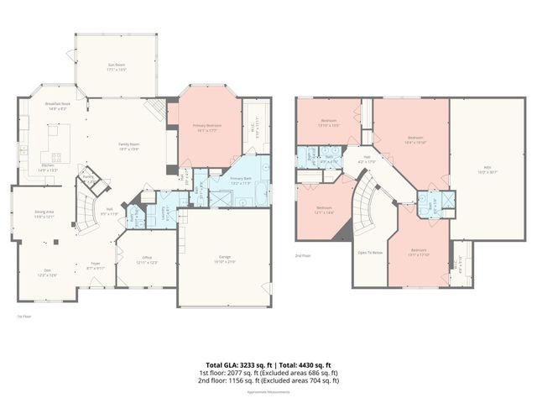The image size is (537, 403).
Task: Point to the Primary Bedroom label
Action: click(201, 125)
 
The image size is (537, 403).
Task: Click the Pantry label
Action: click(87, 177)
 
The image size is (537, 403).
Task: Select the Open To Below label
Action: click(370, 252)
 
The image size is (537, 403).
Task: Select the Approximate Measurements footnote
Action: click(268, 391)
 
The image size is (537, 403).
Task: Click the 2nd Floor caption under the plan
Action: click(303, 255)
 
